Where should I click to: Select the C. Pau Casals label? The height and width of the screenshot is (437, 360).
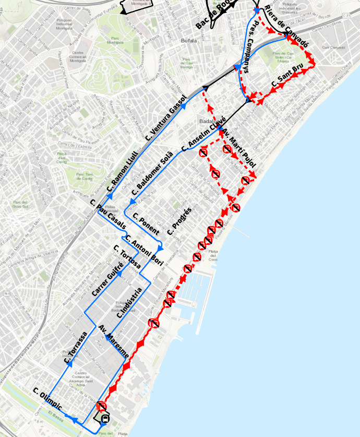pos(107,215)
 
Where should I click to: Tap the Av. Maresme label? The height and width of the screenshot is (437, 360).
pos(113,341)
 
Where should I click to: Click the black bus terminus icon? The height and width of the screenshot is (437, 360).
pos(105,418)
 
